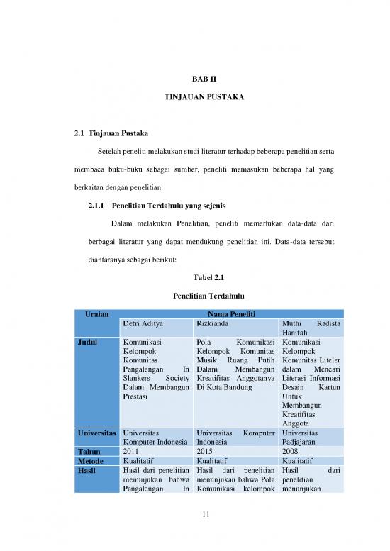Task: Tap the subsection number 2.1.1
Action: (94, 206)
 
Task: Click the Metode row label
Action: (92, 460)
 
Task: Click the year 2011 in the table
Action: (132, 450)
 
